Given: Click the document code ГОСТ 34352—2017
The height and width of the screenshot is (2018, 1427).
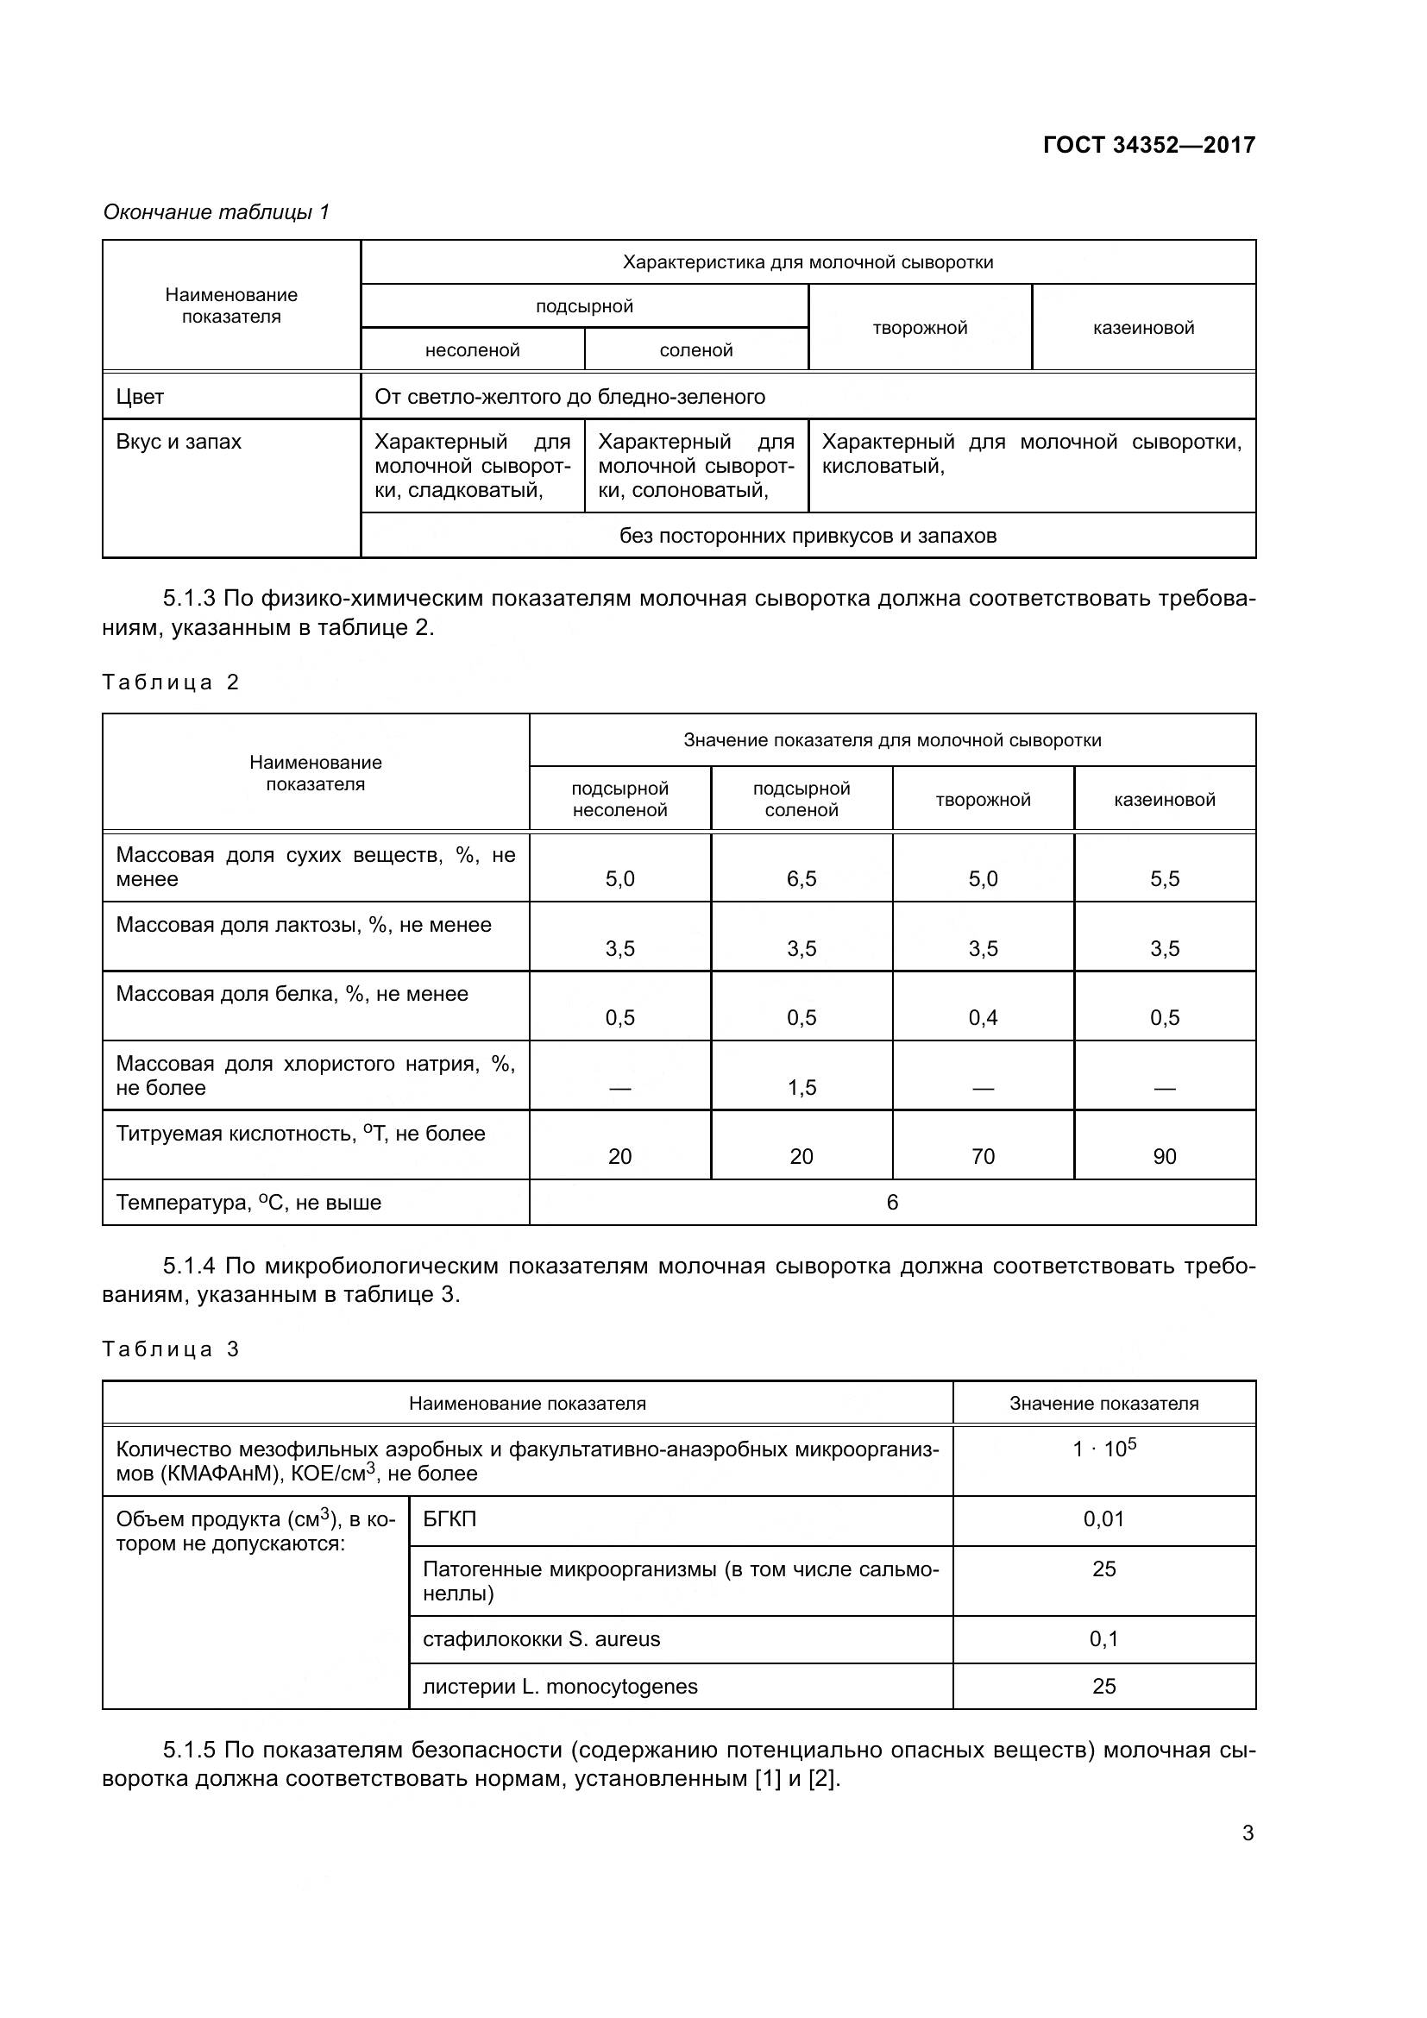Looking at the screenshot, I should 1148,145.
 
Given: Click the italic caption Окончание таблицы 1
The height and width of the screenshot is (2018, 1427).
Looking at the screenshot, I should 217,212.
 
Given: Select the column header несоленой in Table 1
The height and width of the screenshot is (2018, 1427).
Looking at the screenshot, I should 473,349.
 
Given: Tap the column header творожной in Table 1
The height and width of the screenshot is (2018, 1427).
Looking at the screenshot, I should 919,328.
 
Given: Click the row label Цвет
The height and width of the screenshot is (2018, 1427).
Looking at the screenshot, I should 141,397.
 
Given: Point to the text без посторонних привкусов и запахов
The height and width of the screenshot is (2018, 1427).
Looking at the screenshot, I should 808,535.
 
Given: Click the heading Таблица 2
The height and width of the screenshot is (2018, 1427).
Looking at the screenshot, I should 172,682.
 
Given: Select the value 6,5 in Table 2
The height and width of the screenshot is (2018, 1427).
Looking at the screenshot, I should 802,879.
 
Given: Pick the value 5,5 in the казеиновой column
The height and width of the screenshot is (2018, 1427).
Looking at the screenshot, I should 1164,879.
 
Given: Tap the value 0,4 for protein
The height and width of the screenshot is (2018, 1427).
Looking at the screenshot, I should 983,1018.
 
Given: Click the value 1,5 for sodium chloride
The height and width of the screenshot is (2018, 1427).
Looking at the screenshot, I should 802,1087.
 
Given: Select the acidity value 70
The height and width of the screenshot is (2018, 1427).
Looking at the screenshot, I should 983,1157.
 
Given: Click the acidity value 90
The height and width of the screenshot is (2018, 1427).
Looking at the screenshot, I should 1164,1157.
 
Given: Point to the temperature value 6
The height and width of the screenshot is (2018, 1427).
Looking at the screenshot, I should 892,1203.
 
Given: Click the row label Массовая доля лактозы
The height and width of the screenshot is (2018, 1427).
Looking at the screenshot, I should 303,925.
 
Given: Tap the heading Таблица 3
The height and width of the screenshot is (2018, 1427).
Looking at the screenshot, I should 172,1349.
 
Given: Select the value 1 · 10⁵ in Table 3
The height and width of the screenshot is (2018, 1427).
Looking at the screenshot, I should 1103,1449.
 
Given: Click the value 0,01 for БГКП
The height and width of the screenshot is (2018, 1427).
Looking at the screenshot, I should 1103,1518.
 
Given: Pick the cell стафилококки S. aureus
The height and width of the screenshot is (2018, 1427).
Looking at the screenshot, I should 541,1639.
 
